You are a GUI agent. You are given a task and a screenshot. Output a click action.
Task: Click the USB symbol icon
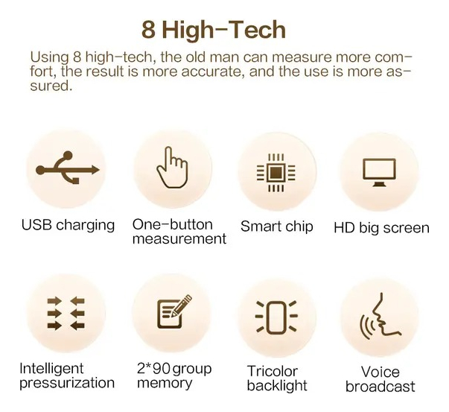[66, 169]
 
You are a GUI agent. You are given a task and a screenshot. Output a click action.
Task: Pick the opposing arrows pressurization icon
[66, 314]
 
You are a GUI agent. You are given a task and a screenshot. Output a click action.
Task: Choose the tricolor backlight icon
[276, 317]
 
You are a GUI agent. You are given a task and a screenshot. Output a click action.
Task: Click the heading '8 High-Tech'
[214, 29]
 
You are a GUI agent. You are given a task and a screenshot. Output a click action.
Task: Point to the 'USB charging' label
[68, 224]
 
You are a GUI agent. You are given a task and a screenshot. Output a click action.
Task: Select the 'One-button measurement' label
[179, 232]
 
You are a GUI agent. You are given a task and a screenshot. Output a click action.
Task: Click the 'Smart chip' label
[276, 226]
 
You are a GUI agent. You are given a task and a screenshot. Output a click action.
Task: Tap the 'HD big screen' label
[381, 227]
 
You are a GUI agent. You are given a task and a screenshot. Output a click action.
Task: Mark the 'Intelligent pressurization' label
[67, 375]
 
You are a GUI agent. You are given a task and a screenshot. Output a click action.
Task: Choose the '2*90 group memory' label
[173, 375]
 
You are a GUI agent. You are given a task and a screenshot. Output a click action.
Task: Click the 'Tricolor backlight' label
[277, 378]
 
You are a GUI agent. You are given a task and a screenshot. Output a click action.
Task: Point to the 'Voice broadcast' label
[380, 379]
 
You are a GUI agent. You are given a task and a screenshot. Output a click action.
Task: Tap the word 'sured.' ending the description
[51, 85]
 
